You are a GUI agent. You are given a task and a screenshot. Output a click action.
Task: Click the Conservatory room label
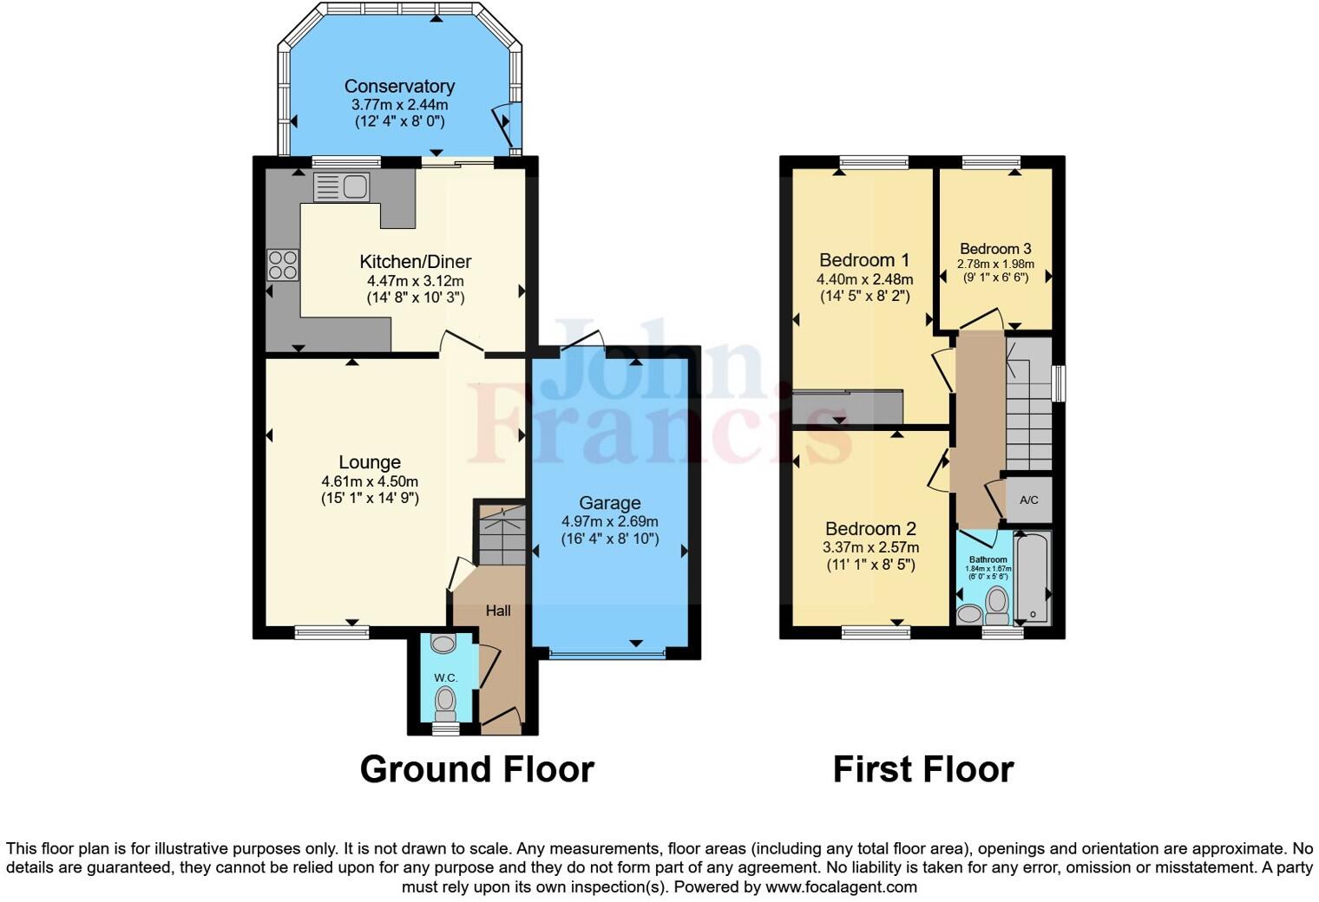pos(399,86)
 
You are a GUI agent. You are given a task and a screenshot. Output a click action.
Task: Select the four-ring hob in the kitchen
pos(283,265)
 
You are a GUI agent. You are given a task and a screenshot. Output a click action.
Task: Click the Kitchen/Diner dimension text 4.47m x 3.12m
pos(415,281)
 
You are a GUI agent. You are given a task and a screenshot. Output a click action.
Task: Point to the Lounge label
pos(370,462)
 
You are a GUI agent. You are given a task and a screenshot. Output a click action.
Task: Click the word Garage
pos(610,503)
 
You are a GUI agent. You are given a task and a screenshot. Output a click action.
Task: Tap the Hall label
pos(498,611)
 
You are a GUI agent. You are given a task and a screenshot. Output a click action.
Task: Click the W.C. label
pos(445,677)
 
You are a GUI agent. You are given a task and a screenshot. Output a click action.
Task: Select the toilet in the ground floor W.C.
pos(446,703)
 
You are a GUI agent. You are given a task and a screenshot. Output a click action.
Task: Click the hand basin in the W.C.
pos(443,644)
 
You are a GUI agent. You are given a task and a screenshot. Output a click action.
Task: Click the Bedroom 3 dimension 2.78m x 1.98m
pos(995,265)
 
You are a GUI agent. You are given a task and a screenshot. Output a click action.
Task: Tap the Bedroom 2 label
pos(870,528)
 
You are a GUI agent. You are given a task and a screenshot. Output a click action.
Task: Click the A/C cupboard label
pos(1029,500)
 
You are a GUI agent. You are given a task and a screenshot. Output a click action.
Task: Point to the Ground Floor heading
pos(476,769)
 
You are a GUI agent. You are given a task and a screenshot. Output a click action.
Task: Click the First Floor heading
pos(923,769)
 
